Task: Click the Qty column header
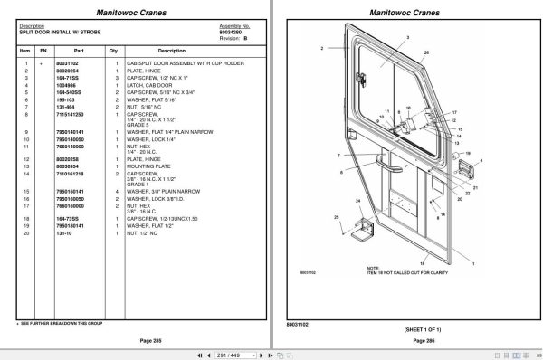(x=113, y=51)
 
